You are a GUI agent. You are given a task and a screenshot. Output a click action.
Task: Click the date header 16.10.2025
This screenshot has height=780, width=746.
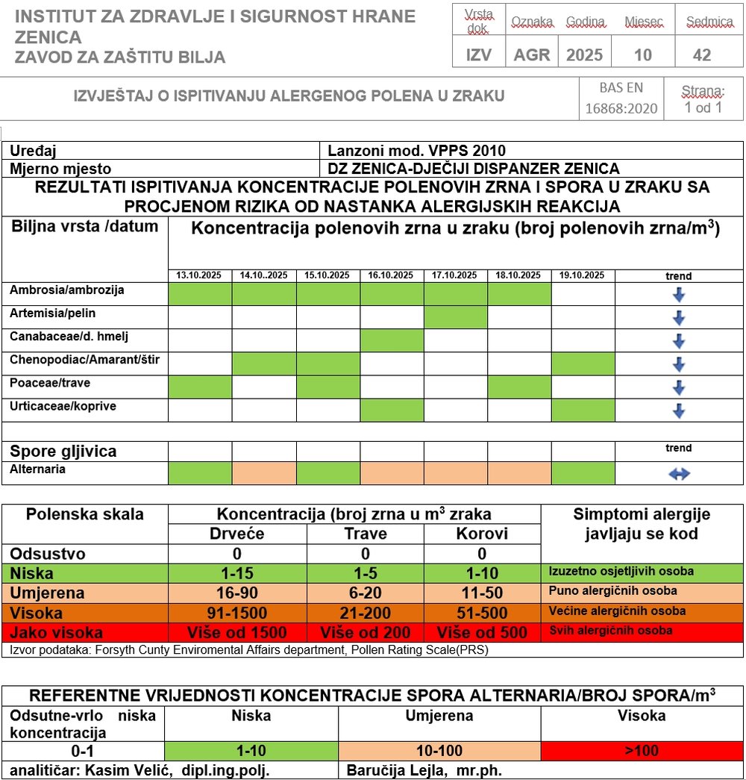pos(392,275)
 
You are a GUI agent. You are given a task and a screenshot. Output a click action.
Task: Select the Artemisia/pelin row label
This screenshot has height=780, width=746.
pos(53,313)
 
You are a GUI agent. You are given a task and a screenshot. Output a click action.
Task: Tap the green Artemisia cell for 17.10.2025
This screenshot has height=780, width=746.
pos(456,318)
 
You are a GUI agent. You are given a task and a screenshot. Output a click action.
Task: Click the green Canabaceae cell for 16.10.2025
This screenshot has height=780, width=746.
pos(392,341)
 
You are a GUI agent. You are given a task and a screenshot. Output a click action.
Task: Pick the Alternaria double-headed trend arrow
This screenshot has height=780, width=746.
pos(679,474)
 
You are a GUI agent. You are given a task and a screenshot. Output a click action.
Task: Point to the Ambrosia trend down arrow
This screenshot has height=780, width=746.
pos(679,295)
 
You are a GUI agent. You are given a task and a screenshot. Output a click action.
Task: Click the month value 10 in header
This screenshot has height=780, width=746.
pos(642,55)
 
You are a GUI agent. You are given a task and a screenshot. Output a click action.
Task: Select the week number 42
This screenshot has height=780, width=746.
pos(701,55)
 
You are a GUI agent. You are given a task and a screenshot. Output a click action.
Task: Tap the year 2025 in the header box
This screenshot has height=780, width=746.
pos(584,55)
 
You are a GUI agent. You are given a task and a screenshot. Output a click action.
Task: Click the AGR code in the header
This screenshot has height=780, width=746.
pos(532,55)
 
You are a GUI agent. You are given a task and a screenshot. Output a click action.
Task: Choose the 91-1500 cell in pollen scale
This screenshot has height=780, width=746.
pos(237,614)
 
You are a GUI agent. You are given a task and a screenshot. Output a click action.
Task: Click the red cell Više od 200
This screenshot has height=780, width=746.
pos(366,633)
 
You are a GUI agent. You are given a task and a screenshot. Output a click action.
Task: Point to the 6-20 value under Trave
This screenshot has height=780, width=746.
pos(366,593)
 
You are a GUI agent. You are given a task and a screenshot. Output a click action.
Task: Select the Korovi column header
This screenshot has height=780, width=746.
pos(482,534)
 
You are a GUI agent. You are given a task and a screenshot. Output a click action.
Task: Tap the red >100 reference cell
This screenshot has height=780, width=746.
pos(641,751)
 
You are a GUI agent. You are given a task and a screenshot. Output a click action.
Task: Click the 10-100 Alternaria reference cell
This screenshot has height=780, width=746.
pos(439,751)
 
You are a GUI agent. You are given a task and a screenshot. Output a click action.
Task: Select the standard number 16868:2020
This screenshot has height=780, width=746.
pos(621,108)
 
